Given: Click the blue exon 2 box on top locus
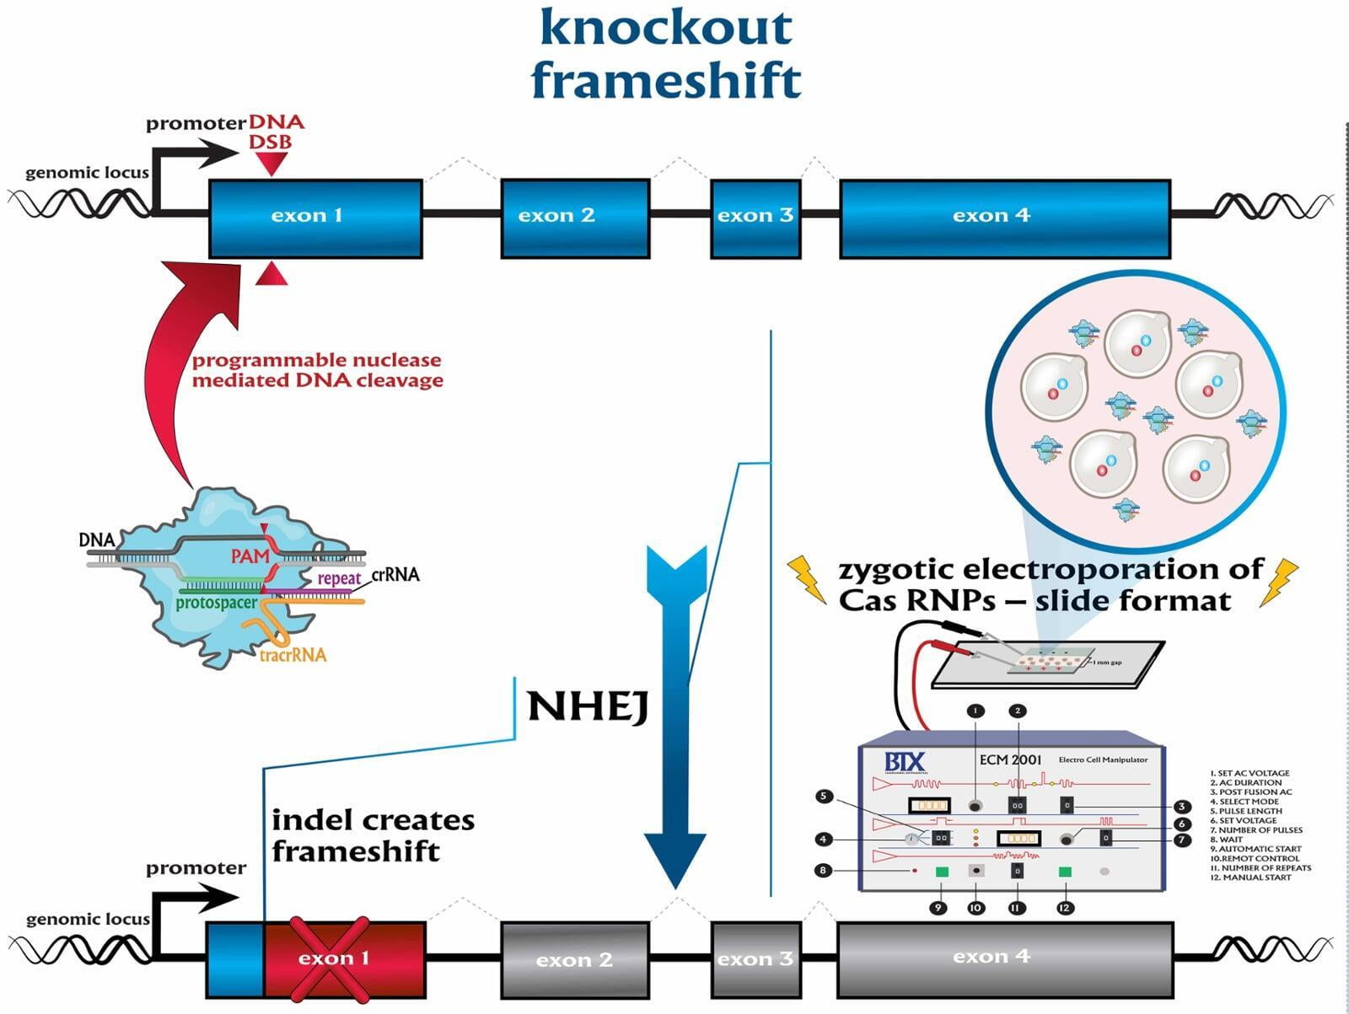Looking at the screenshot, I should pos(575,217).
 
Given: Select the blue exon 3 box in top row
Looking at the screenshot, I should pos(755,217).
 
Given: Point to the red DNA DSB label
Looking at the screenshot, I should pos(275,132).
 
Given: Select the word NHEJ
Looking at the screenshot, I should pos(588,706).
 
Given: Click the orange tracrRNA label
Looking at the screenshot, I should pos(293,655).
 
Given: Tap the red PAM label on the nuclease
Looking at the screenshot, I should pos(250,556).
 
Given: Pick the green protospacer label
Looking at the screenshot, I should pos(216,603).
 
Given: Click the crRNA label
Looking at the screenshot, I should pos(395,575).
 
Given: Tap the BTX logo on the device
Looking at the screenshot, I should pos(905,763).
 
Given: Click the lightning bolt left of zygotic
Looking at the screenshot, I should pos(808,579).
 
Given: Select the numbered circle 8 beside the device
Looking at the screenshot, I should pos(824,870).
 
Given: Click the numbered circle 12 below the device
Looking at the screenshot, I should pos(1065,908).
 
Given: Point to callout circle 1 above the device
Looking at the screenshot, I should pos(975,711).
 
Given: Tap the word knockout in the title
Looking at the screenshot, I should pos(665,27).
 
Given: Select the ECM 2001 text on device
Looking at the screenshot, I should pos(1010,759).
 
